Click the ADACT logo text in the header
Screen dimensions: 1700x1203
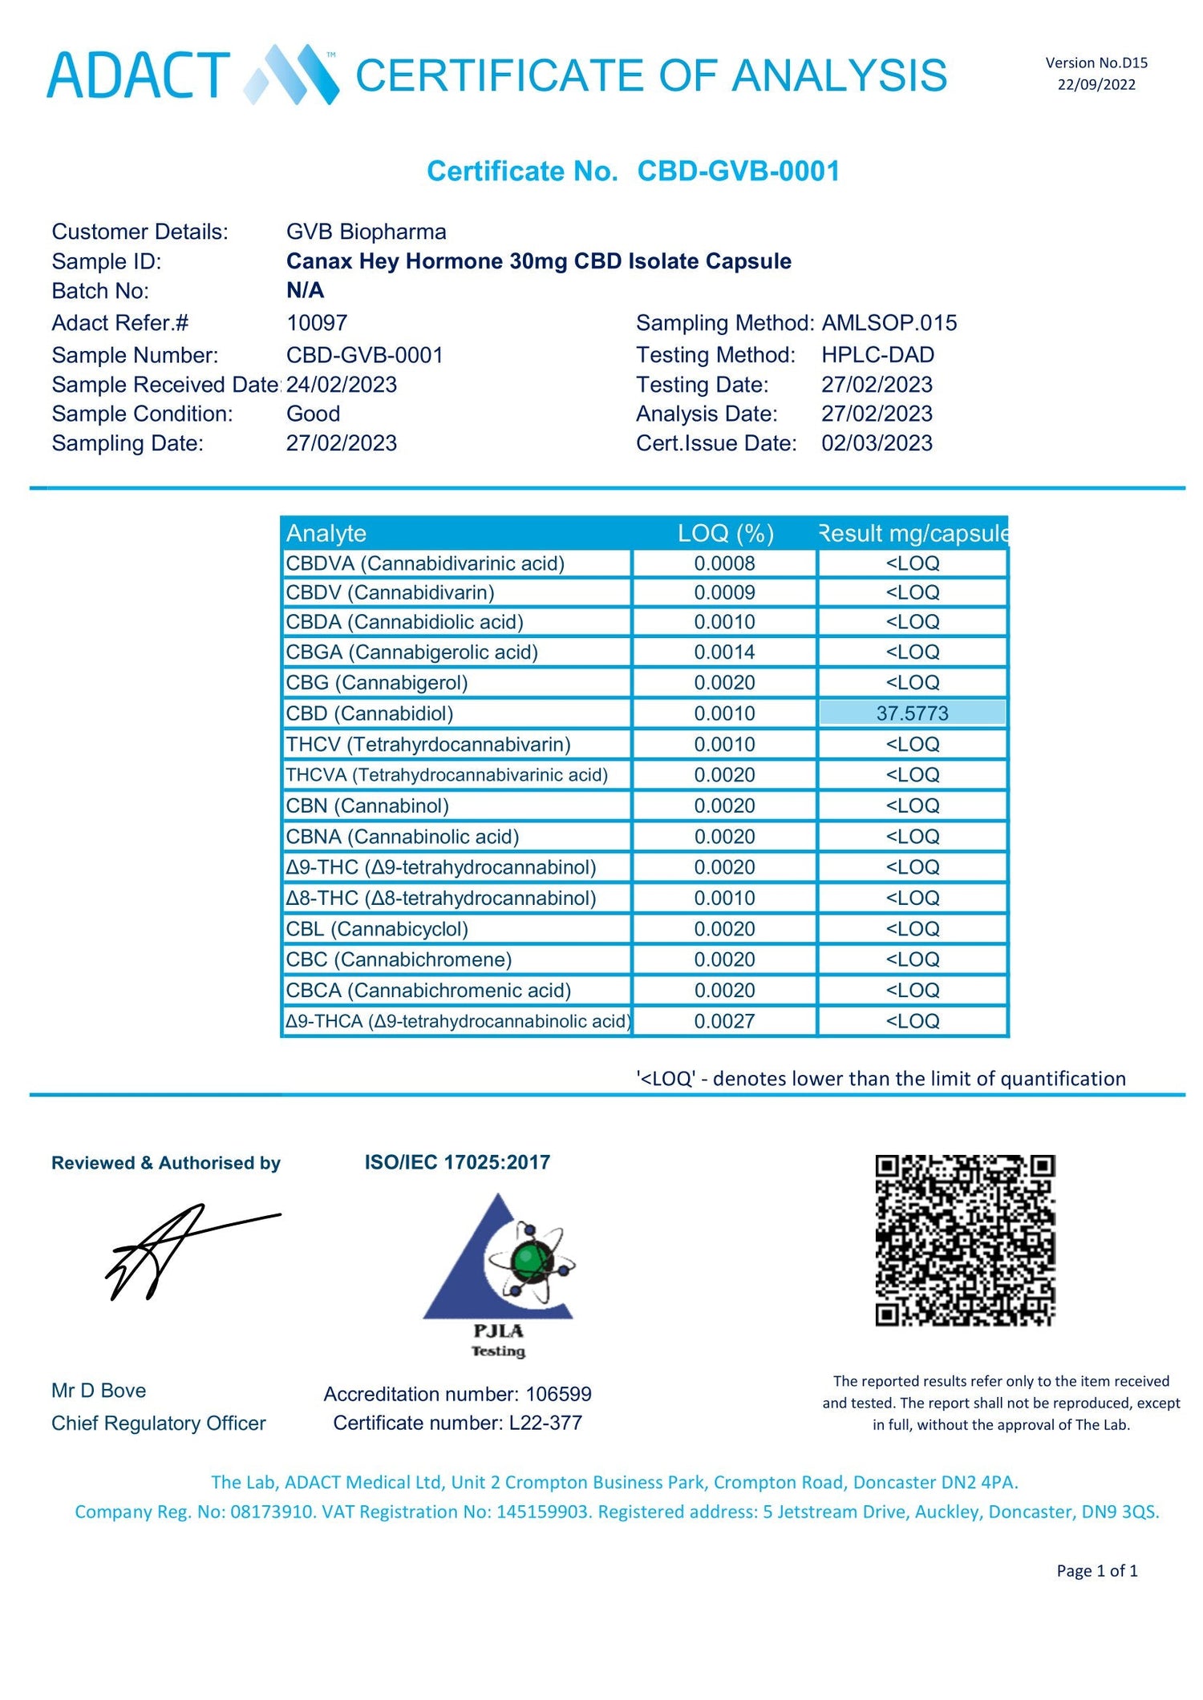(138, 75)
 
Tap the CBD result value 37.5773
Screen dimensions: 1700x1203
(912, 713)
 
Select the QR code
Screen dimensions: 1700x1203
(965, 1240)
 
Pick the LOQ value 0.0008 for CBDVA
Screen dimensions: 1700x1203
(724, 563)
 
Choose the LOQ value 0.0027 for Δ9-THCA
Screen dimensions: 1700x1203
(724, 1021)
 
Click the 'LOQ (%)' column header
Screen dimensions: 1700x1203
(725, 533)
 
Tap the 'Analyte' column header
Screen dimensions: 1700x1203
(326, 533)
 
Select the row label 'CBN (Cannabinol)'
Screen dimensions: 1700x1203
(367, 806)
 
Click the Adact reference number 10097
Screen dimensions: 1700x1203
(317, 323)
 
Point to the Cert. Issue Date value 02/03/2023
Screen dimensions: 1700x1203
(877, 443)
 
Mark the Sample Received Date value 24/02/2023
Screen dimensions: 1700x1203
(342, 385)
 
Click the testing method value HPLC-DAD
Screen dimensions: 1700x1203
(877, 354)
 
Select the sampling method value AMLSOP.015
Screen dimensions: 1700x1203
(889, 323)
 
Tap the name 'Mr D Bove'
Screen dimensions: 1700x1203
(99, 1390)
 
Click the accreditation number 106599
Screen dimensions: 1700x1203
(558, 1394)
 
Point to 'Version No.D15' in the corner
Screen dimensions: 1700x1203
(1096, 63)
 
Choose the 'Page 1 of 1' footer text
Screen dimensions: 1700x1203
(1096, 1570)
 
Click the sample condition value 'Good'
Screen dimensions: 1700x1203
(313, 414)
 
